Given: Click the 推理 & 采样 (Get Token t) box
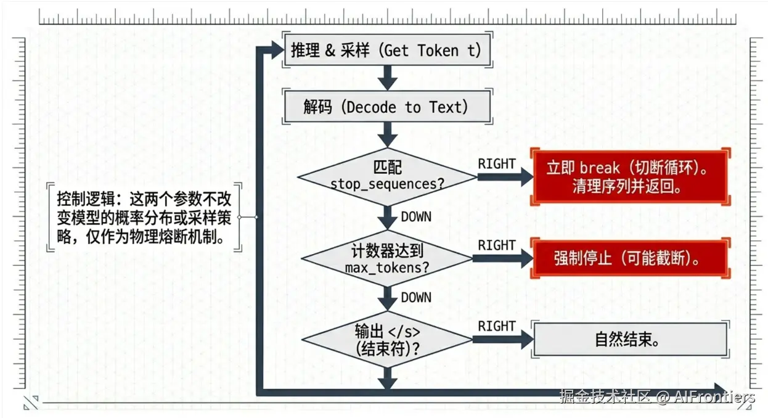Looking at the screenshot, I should (386, 50).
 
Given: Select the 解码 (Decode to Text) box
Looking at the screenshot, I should (386, 107).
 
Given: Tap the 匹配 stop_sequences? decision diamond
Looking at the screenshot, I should (387, 176).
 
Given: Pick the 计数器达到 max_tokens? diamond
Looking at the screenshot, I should (387, 259).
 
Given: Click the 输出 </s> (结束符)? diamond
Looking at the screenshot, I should (387, 338).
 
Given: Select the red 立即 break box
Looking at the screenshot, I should (631, 177).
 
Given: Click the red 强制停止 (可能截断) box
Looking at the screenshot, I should (631, 258).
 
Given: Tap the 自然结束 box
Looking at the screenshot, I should (631, 338).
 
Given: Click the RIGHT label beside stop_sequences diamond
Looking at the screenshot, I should (496, 164).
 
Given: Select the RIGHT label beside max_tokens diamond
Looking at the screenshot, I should (496, 245).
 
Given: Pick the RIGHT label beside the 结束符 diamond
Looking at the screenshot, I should (496, 326).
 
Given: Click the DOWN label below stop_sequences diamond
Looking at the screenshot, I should (416, 216).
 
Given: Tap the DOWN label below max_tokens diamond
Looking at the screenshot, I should (416, 297).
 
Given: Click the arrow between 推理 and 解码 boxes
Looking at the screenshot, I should (387, 77).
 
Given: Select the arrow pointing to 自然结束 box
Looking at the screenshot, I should (502, 338).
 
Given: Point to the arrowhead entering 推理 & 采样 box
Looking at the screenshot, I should (274, 51).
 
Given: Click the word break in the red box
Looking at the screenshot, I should (599, 168).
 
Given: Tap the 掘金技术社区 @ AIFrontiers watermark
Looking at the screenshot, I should (657, 396).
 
